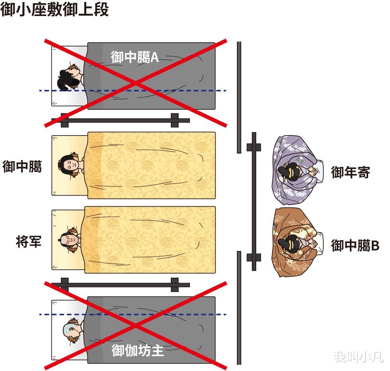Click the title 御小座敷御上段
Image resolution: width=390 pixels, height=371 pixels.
[55, 9]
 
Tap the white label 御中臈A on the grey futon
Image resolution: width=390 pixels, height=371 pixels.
[135, 57]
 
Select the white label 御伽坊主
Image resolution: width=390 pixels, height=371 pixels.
[137, 350]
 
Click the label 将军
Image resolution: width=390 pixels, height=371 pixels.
[28, 241]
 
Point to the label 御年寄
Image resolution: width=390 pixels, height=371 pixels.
[350, 172]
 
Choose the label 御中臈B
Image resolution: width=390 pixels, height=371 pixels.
[355, 246]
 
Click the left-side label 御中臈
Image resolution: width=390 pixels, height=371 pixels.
[22, 167]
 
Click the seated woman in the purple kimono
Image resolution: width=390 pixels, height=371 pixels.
[296, 170]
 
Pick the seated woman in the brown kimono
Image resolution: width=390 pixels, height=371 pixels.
[296, 243]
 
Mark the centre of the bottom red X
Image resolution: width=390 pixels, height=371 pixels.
[135, 325]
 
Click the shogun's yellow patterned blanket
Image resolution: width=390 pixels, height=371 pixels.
[150, 239]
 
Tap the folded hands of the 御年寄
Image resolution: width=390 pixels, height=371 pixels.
[314, 171]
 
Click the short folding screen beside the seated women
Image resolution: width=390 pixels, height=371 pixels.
[254, 201]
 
